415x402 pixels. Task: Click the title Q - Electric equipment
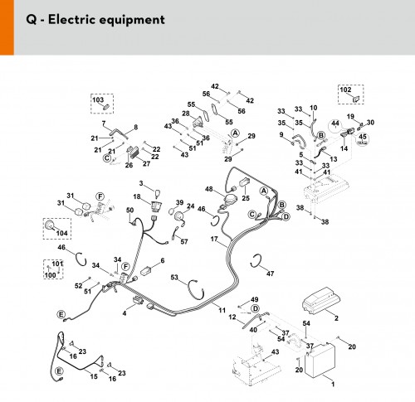click(x=95, y=20)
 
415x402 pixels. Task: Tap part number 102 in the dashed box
click(x=345, y=90)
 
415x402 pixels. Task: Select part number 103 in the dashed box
click(x=98, y=99)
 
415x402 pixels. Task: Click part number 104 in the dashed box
click(x=61, y=233)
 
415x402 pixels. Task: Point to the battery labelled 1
click(x=320, y=361)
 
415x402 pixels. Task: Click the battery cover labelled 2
click(x=321, y=301)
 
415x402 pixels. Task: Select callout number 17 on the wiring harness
click(x=214, y=239)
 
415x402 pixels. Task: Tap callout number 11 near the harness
click(x=222, y=310)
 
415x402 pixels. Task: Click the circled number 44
click(x=335, y=124)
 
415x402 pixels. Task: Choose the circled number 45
click(x=363, y=137)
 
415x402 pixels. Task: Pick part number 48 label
click(x=209, y=189)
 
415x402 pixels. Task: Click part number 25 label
click(x=246, y=198)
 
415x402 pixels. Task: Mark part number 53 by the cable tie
click(x=174, y=277)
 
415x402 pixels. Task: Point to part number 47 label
click(x=270, y=274)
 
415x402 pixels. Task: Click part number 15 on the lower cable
click(x=94, y=376)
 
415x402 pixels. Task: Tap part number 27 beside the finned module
click(x=146, y=163)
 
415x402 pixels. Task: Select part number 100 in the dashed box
click(x=51, y=275)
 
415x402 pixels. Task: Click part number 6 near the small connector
click(x=163, y=260)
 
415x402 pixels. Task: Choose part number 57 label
click(x=184, y=241)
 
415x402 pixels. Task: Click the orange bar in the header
click(x=7, y=27)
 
